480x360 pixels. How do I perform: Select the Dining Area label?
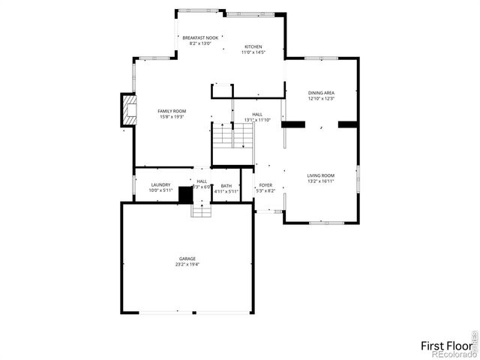point(320,93)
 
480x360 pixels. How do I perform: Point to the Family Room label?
point(171,111)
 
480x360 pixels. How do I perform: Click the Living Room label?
point(320,175)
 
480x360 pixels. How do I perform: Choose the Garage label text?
point(187,259)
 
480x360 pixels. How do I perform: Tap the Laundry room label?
point(160,184)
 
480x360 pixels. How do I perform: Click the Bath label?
point(226,185)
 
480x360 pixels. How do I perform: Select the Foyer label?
point(266,185)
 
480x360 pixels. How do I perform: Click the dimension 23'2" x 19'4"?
point(187,265)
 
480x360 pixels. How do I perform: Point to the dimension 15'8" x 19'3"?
point(171,117)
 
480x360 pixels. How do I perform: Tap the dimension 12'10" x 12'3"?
point(320,99)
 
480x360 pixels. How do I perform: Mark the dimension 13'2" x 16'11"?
point(320,181)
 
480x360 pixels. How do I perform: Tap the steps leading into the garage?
point(202,210)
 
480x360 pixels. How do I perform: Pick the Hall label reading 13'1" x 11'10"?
point(257,117)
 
